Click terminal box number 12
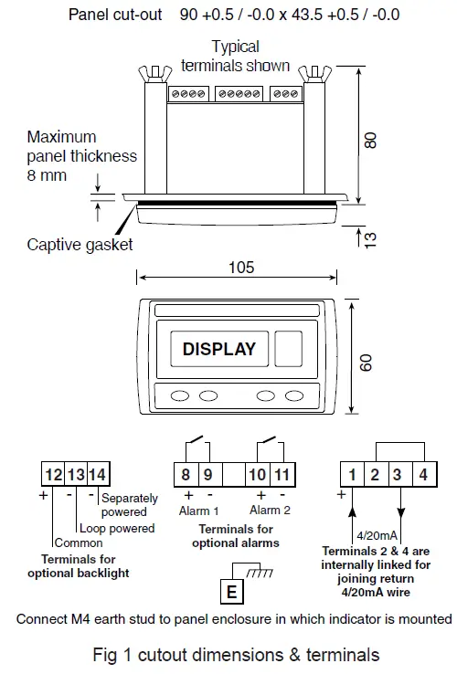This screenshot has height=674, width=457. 53,475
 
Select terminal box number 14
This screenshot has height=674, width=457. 97,475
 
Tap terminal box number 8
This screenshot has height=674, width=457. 186,475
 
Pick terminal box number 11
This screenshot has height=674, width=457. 282,475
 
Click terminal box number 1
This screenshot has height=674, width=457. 351,475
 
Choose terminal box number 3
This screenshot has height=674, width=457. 398,475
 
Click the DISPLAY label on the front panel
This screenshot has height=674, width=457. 219,349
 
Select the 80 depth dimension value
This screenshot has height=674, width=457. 370,140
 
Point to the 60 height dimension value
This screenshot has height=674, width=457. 367,362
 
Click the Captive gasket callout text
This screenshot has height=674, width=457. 80,244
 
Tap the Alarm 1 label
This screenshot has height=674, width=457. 197,511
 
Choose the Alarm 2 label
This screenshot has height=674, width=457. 271,511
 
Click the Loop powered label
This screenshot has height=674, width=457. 117,528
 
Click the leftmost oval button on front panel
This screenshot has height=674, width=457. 180,395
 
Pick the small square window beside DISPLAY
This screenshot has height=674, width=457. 289,349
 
